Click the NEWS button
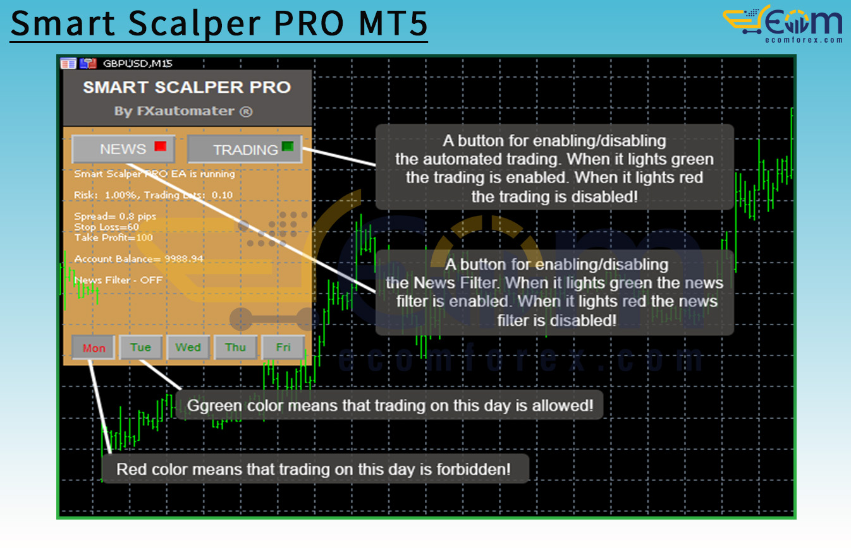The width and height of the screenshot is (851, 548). pos(123,148)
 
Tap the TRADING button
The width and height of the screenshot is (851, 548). pos(245,149)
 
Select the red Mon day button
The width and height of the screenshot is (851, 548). pos(94,347)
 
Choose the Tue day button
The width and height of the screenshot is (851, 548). pos(140,347)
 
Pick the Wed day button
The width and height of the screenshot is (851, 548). pos(188,347)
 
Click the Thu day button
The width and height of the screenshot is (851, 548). pos(236,347)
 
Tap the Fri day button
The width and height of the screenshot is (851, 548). pos(283,347)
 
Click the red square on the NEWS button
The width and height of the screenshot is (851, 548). pos(161,146)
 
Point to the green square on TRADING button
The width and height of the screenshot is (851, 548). pos(288,146)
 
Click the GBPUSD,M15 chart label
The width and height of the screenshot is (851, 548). pos(138,63)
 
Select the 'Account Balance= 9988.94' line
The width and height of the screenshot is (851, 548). pos(138,259)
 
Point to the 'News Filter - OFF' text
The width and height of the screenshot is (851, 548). pos(118,280)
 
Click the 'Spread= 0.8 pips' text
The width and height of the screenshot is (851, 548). pos(115,216)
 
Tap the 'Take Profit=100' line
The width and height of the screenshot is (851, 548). pos(113,237)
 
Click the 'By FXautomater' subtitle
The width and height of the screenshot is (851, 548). pos(183,111)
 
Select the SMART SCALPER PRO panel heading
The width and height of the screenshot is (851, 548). pos(187,87)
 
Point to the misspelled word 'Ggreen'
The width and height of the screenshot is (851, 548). pos(215,406)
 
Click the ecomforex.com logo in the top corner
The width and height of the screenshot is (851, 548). pos(783,24)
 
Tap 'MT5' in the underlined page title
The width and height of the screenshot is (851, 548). pos(393,23)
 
